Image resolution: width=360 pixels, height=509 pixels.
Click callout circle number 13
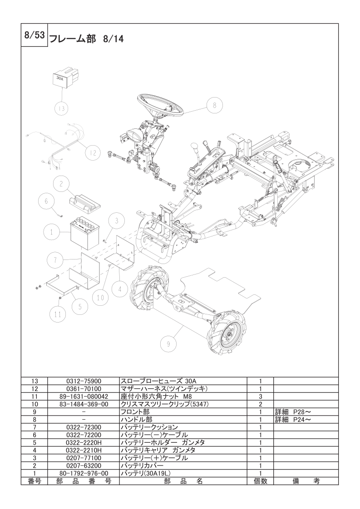(61, 108)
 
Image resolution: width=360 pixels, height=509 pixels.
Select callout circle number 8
(215, 105)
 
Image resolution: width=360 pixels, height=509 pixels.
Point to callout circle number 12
(93, 153)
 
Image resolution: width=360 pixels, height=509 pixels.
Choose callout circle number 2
(61, 184)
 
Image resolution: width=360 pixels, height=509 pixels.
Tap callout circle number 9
(168, 344)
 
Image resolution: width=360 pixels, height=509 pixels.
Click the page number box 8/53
(34, 36)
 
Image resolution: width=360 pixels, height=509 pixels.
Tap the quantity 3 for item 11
(261, 396)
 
